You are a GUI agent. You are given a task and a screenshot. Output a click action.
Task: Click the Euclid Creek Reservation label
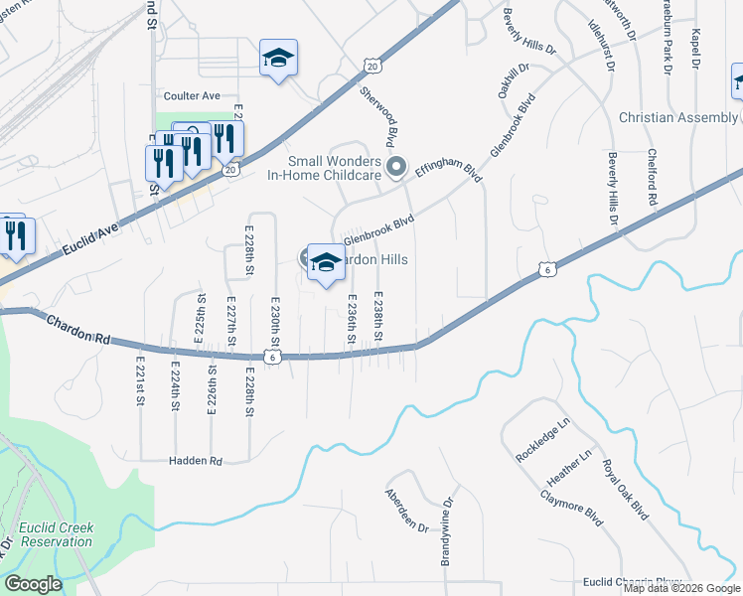pos(55,534)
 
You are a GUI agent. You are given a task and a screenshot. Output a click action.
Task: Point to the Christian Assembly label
pos(677,117)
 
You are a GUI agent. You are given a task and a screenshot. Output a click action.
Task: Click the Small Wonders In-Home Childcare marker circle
pos(396,167)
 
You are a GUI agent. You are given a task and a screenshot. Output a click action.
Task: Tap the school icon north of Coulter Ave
pos(278,59)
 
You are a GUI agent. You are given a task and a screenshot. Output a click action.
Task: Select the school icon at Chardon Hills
pos(325,263)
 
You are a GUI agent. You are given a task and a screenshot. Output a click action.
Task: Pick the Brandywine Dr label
pos(447,531)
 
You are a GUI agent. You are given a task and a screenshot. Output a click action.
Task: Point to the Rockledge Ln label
pos(543,439)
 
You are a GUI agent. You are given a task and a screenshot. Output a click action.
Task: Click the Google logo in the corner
pos(33,584)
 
